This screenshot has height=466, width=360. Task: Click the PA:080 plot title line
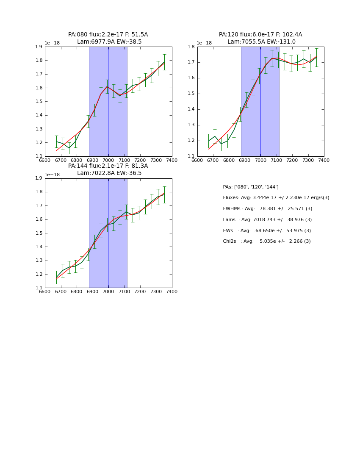(108, 35)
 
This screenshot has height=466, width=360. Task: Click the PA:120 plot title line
(260, 35)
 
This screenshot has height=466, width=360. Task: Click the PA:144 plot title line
(108, 166)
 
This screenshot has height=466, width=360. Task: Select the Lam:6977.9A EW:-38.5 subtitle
(109, 42)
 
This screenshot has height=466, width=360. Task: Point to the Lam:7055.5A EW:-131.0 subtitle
(261, 42)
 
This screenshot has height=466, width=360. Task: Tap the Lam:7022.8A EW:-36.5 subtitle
(109, 173)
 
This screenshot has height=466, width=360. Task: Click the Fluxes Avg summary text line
(276, 198)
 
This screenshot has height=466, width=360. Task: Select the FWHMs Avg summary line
(267, 209)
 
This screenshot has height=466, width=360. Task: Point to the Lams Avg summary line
(267, 220)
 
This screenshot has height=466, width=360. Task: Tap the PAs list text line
(250, 187)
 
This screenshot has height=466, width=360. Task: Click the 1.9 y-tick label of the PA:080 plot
(39, 47)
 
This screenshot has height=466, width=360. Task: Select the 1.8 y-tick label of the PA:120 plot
(191, 47)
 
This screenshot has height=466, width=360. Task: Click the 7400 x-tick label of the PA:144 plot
(172, 291)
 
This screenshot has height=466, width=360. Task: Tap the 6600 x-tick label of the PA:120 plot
(197, 160)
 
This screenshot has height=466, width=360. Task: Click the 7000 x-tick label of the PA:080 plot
(108, 160)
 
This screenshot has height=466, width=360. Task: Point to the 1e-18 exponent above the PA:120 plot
(204, 43)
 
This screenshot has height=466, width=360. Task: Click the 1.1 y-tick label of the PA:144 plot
(39, 288)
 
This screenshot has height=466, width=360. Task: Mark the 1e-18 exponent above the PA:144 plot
(52, 175)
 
